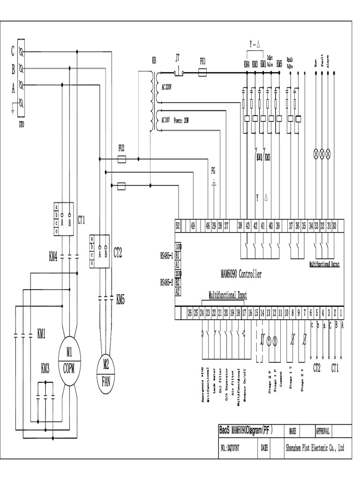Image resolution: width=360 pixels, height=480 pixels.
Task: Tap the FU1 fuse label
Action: point(203,61)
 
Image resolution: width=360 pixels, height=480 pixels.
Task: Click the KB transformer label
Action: point(154,61)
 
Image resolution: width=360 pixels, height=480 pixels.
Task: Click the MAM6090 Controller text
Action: point(241,274)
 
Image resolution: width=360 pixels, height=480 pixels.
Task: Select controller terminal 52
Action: point(178,225)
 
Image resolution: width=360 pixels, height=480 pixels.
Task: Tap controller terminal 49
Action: point(193,225)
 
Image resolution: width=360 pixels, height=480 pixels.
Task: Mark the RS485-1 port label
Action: point(167,255)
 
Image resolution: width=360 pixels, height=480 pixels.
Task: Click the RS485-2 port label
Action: point(167,282)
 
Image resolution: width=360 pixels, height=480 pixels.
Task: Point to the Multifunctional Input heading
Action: point(227,295)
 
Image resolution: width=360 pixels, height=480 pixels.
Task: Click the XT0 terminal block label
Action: point(22,125)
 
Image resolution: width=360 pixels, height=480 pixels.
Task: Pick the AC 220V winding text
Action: point(167,87)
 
